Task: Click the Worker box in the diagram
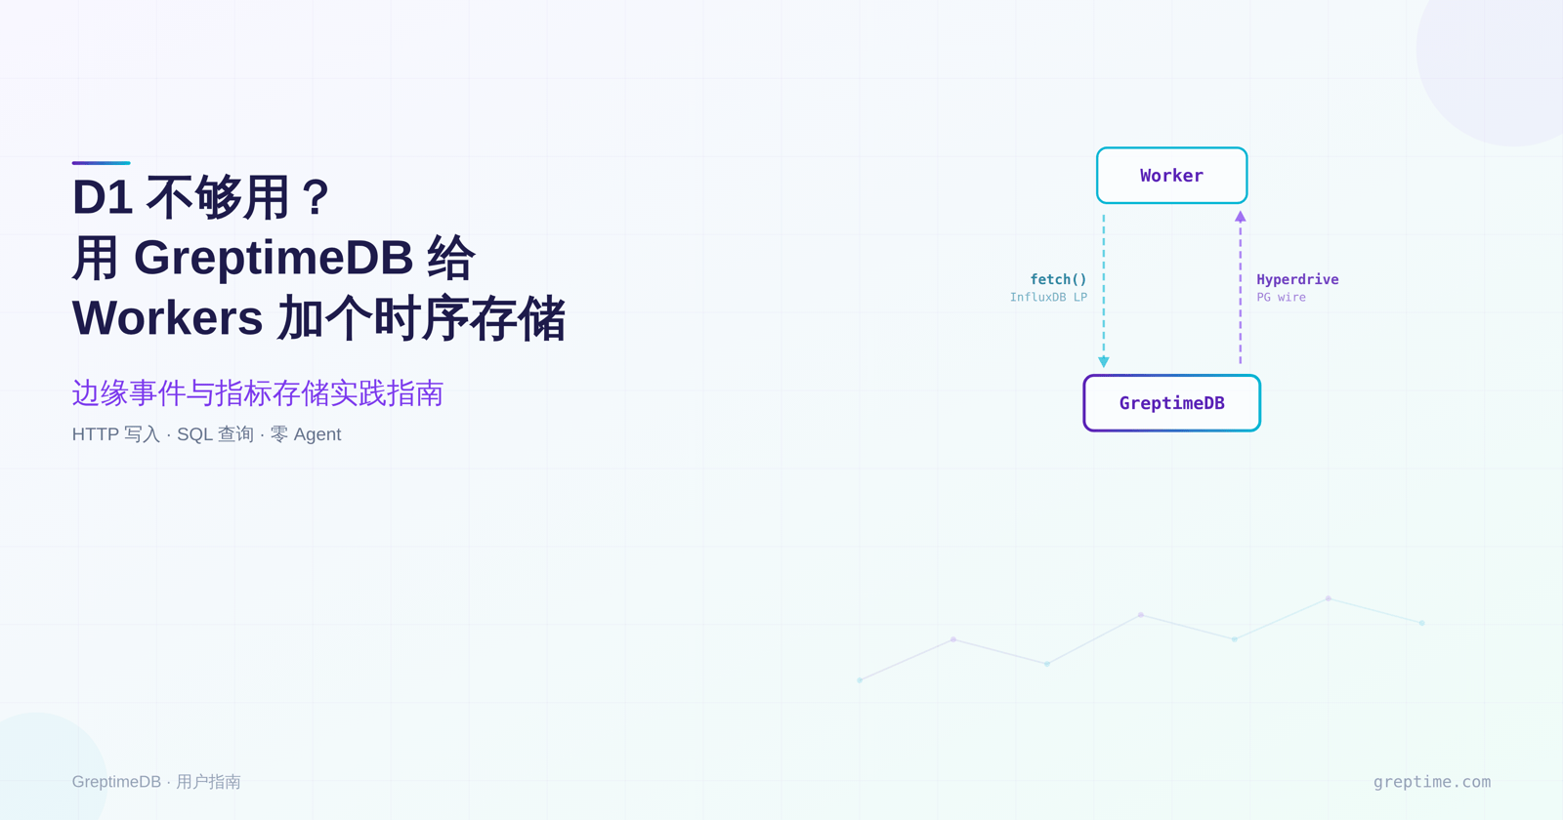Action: (1171, 176)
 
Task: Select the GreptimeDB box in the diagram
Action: (1171, 403)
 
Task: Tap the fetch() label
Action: (1058, 279)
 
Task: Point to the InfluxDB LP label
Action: (1048, 298)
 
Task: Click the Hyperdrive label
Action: (1297, 279)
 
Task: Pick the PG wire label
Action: (1281, 298)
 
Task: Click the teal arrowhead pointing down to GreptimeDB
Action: (1104, 362)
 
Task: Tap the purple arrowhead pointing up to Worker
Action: (1241, 217)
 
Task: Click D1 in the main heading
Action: (103, 197)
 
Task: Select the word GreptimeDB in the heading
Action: (274, 258)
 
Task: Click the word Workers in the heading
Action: (168, 318)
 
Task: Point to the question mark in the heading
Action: (316, 197)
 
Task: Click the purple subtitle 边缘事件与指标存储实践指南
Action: (257, 393)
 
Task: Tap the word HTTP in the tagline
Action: (95, 434)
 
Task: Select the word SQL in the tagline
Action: (194, 434)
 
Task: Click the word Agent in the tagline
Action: (317, 434)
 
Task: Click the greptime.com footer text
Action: (1432, 782)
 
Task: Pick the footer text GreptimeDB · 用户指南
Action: (156, 782)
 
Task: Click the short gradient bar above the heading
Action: (101, 163)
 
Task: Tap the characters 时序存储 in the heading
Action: (469, 318)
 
